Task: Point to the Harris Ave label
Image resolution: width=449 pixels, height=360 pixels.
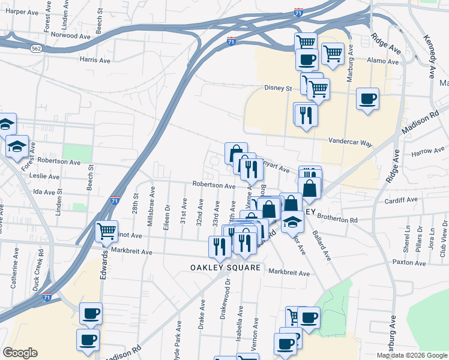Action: (x=95, y=60)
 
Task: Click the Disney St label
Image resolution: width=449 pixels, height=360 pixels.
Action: (x=278, y=88)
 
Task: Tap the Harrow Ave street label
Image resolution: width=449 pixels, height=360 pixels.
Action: (x=427, y=155)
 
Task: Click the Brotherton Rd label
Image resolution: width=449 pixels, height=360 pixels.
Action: (x=337, y=220)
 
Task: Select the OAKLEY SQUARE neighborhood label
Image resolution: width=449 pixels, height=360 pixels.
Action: (x=226, y=267)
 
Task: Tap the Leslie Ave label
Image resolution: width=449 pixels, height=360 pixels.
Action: (x=46, y=176)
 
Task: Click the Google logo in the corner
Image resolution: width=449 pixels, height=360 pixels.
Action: (x=20, y=353)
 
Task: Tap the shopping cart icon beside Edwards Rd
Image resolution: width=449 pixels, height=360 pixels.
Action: (x=107, y=230)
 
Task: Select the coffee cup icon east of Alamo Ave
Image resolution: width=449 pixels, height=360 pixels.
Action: (x=368, y=98)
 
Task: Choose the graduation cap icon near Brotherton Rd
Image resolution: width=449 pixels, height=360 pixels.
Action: (x=292, y=221)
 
